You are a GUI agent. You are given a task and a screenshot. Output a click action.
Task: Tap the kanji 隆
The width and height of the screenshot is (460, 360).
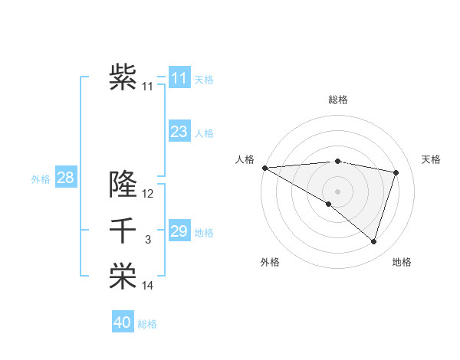(x=123, y=183)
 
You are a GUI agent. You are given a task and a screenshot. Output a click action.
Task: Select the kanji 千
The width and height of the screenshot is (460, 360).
(x=123, y=231)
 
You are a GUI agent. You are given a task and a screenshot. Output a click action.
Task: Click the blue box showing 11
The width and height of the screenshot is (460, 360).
(x=179, y=77)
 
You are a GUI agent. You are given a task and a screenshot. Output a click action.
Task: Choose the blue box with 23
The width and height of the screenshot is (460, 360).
(x=179, y=132)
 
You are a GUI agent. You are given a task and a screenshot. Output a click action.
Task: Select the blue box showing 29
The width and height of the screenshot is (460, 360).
(x=179, y=231)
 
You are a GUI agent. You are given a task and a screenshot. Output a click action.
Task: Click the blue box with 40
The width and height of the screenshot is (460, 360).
(x=122, y=322)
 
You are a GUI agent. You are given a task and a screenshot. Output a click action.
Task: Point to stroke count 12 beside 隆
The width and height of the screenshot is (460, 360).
(x=148, y=194)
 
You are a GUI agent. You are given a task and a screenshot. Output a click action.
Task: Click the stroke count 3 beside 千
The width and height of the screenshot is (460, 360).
(x=148, y=241)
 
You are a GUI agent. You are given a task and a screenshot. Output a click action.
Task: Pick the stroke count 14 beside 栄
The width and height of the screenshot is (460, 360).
(x=148, y=286)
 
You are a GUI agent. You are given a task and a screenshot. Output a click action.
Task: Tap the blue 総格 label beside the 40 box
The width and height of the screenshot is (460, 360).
(x=147, y=324)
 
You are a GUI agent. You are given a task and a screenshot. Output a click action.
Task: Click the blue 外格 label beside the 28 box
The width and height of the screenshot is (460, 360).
(x=41, y=179)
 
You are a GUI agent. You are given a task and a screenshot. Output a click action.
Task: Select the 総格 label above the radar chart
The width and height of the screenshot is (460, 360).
(x=337, y=100)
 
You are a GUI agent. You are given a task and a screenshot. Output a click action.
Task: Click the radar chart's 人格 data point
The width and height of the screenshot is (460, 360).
(x=264, y=168)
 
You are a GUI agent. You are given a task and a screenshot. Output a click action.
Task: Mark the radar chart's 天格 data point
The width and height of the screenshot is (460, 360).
(x=396, y=172)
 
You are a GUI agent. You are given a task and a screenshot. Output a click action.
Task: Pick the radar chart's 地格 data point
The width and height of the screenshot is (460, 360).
(x=374, y=241)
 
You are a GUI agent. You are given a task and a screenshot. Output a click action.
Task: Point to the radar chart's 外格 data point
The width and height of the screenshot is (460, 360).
(x=329, y=204)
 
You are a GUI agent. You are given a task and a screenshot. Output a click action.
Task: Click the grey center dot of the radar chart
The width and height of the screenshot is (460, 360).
(x=337, y=190)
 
